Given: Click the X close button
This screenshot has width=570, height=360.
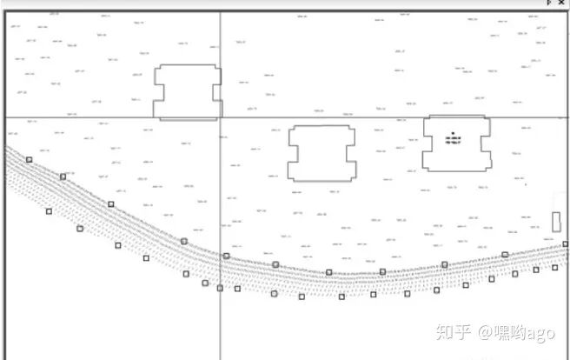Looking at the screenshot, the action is pyautogui.click(x=560, y=3).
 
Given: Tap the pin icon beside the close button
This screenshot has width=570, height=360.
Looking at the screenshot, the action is pyautogui.click(x=548, y=3).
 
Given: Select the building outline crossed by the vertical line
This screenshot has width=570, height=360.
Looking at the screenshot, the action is pyautogui.click(x=187, y=91).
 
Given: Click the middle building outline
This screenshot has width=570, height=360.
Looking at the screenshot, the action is pyautogui.click(x=322, y=153).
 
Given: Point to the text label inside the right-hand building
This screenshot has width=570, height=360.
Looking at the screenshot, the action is pyautogui.click(x=453, y=140).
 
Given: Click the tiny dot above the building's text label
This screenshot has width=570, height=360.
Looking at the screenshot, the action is pyautogui.click(x=453, y=132).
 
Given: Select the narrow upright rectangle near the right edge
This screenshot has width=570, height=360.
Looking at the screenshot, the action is pyautogui.click(x=556, y=222).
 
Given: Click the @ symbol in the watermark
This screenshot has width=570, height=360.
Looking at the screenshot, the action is pyautogui.click(x=482, y=333).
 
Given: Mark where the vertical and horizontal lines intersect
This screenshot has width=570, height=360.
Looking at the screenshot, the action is pyautogui.click(x=220, y=117).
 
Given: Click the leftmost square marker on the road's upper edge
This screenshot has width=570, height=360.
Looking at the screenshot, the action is pyautogui.click(x=29, y=160).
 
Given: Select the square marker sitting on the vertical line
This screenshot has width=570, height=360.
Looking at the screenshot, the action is pyautogui.click(x=220, y=288).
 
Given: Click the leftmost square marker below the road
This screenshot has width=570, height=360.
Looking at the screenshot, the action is pyautogui.click(x=49, y=210).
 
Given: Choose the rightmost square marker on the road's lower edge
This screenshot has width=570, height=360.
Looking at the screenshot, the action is pyautogui.click(x=555, y=267).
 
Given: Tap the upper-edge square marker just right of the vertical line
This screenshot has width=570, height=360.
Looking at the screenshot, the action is pyautogui.click(x=227, y=256).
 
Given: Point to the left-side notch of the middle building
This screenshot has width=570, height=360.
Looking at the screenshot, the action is pyautogui.click(x=292, y=153).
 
